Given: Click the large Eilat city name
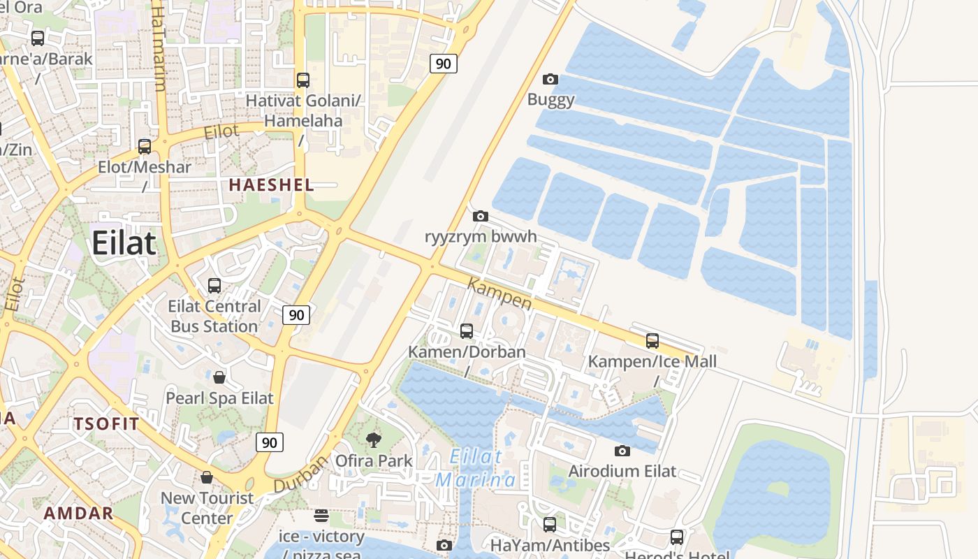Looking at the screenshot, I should tap(124, 243).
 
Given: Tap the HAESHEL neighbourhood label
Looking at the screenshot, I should tap(271, 185).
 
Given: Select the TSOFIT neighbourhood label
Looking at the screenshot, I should tap(106, 423).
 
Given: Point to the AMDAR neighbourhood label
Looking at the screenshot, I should tap(78, 514).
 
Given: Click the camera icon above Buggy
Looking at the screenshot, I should tap(550, 80).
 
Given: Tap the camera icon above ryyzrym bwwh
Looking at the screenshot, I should tap(481, 217).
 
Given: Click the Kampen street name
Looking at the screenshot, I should tap(499, 293).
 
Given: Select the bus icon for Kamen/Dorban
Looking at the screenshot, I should tap(467, 331).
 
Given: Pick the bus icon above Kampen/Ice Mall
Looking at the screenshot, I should tap(652, 341).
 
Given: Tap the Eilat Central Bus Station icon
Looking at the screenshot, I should tap(214, 286).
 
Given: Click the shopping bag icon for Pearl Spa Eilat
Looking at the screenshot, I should tap(219, 378).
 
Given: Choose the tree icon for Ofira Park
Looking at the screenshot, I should tap(374, 440).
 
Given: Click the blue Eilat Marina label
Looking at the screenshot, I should tap(476, 468).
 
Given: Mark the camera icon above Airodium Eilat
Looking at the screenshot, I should tap(622, 451).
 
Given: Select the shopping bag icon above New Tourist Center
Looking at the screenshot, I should tap(207, 478).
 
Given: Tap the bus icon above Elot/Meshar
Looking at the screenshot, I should tap(145, 147).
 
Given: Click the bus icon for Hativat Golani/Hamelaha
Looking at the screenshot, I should tap(303, 80).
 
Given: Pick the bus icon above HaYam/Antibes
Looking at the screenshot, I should tap(550, 524).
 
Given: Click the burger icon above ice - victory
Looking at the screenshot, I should tap(321, 516).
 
